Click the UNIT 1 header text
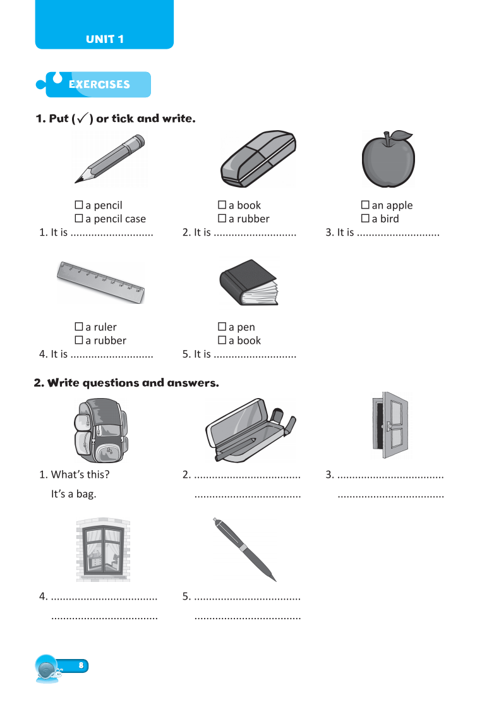tap(105, 39)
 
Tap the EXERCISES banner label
tap(99, 84)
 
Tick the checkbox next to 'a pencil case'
tap(79, 219)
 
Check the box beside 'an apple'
tap(365, 205)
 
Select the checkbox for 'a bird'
tap(365, 219)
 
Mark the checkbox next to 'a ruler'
tap(79, 327)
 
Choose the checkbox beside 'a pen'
tap(222, 327)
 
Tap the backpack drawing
tap(100, 431)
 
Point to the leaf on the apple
tap(401, 135)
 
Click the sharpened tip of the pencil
tap(78, 181)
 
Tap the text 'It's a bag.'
tap(73, 494)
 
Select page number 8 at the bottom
tap(81, 665)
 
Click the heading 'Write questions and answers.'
tap(126, 383)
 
